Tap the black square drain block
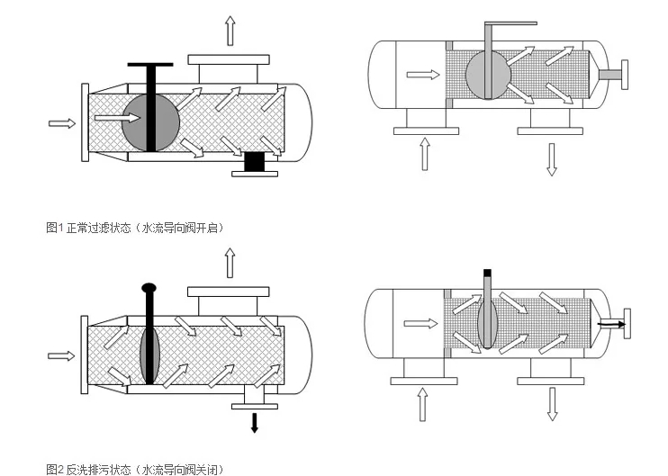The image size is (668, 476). click(255, 162)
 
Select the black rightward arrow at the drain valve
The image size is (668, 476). click(611, 320)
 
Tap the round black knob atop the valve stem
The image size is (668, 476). click(149, 288)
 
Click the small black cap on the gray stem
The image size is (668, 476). click(487, 272)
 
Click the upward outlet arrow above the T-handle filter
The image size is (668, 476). click(230, 31)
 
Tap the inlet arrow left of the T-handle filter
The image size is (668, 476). click(61, 122)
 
